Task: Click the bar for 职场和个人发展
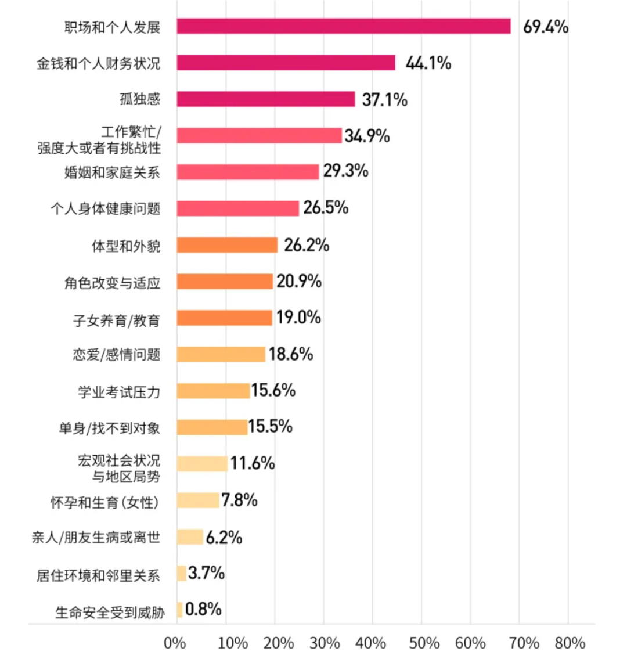(x=344, y=27)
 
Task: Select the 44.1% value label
(x=428, y=63)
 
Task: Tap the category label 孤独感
(x=140, y=99)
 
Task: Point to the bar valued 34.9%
(x=260, y=136)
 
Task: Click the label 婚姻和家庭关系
(x=112, y=172)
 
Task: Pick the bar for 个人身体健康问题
(x=238, y=208)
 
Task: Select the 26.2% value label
(x=307, y=245)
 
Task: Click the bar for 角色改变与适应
(x=225, y=282)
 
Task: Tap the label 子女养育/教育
(x=116, y=320)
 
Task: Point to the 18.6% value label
(x=290, y=354)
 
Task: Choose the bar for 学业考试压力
(x=213, y=391)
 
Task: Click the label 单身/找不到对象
(x=109, y=428)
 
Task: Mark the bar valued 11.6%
(x=202, y=463)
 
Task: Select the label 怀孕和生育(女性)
(x=105, y=502)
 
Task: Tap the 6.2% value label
(x=224, y=537)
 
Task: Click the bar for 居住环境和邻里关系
(x=181, y=574)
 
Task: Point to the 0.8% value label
(x=203, y=609)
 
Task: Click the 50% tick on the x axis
(x=424, y=643)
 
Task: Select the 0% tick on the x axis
(x=175, y=643)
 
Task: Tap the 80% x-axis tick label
(x=570, y=643)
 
